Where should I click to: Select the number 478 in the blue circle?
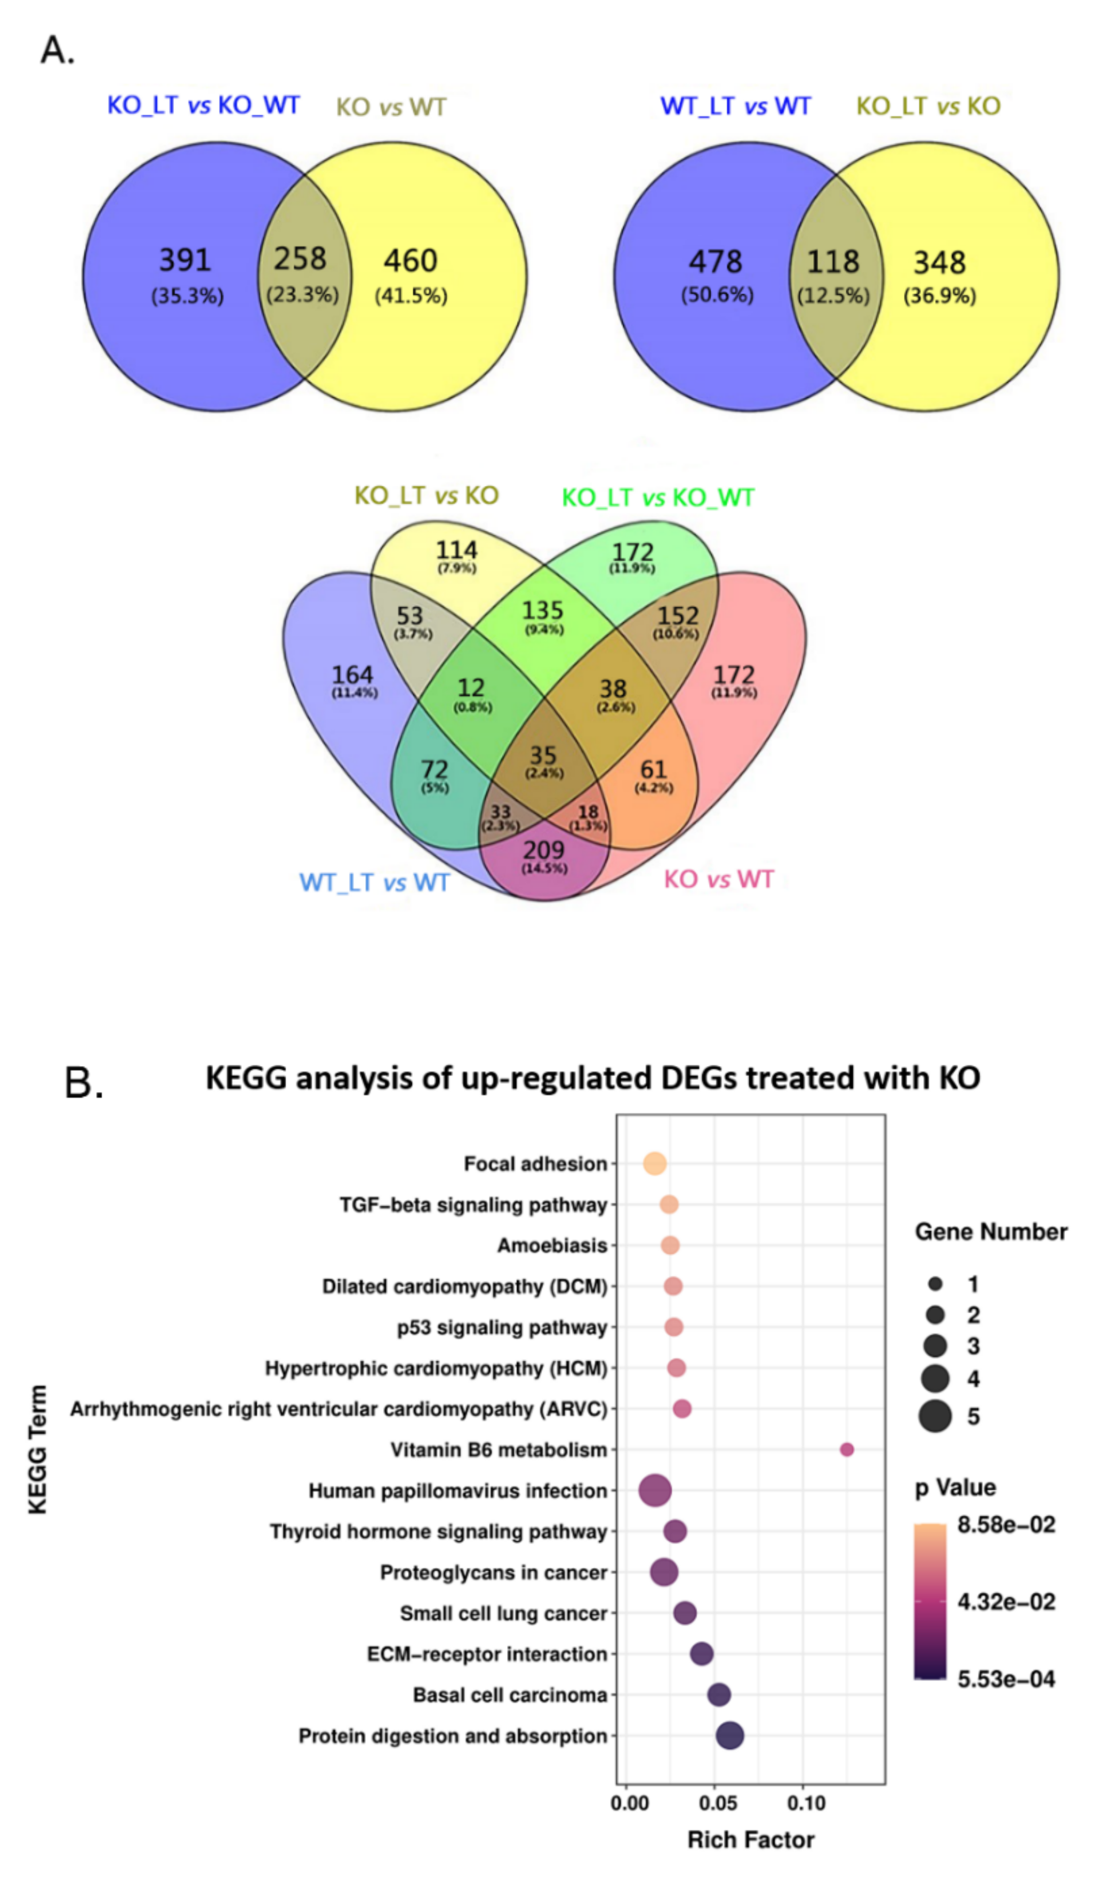(x=715, y=262)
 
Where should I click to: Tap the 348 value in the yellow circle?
(x=939, y=262)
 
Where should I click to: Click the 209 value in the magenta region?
(x=543, y=850)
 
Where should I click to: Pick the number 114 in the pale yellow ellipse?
(x=456, y=550)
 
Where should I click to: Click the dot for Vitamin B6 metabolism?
(x=847, y=1450)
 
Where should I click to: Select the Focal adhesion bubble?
(x=654, y=1163)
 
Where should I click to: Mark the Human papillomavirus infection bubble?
(x=655, y=1491)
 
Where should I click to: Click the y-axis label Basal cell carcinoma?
(x=510, y=1695)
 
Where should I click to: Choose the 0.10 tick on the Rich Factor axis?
(x=806, y=1803)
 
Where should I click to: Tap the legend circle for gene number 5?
(x=935, y=1416)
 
